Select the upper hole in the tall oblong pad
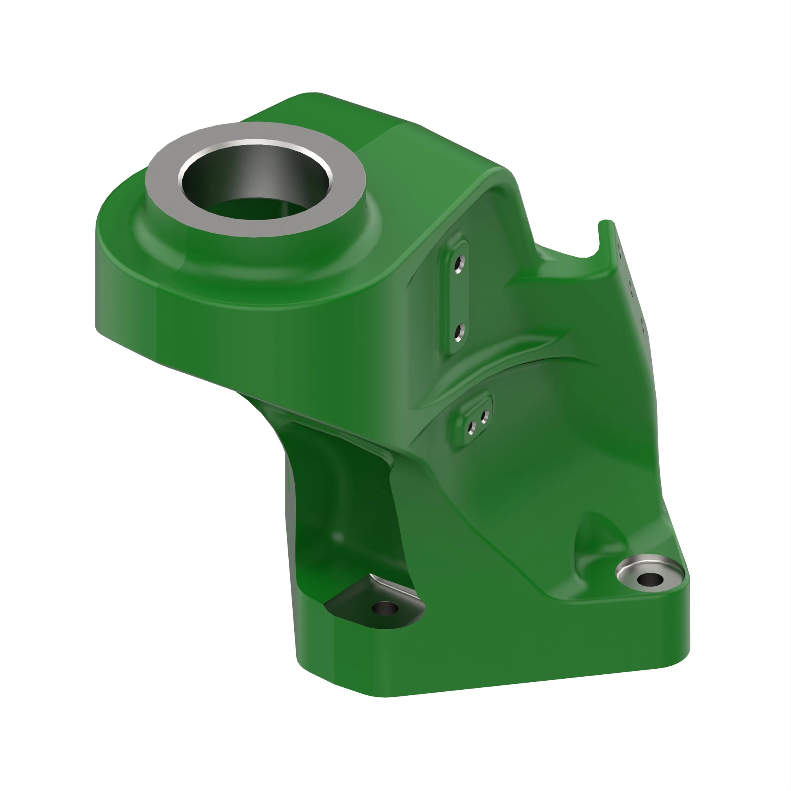pos(459,263)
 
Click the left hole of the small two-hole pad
pos(472,428)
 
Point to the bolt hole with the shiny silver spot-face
pos(650,579)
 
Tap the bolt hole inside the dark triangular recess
pos(385,608)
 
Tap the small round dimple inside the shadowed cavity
pos(338,537)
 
